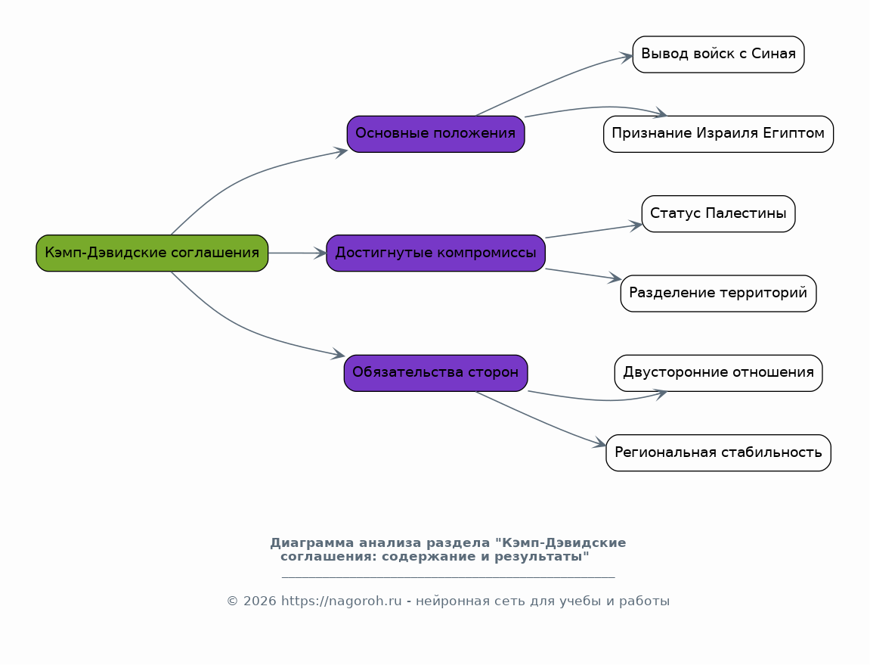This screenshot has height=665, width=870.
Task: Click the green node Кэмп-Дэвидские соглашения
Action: click(x=152, y=253)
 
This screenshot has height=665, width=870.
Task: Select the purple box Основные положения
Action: click(x=435, y=134)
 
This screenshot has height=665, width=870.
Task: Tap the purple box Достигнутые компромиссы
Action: click(x=435, y=253)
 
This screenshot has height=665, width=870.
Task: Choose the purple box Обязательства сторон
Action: click(x=435, y=373)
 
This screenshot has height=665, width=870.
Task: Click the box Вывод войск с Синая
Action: click(x=719, y=54)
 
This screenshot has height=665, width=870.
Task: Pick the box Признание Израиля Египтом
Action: click(x=719, y=134)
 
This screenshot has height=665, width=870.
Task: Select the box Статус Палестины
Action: click(x=719, y=213)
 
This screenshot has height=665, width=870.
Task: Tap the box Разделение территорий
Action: click(x=719, y=294)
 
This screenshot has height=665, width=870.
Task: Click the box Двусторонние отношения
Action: click(x=719, y=373)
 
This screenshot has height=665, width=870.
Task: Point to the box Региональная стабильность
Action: click(x=719, y=452)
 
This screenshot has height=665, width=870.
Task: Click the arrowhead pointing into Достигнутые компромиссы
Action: click(x=320, y=253)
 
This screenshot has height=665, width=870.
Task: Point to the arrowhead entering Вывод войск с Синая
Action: click(x=627, y=56)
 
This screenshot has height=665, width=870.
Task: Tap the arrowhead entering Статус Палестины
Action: click(x=636, y=225)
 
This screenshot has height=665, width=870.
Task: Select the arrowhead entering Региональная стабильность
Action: click(x=600, y=443)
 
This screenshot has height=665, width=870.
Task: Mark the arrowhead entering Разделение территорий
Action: click(x=615, y=278)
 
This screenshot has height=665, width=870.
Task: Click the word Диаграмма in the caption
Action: click(x=312, y=542)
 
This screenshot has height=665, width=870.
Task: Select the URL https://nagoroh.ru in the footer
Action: click(x=341, y=601)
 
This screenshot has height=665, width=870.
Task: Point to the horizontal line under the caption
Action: click(x=448, y=578)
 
